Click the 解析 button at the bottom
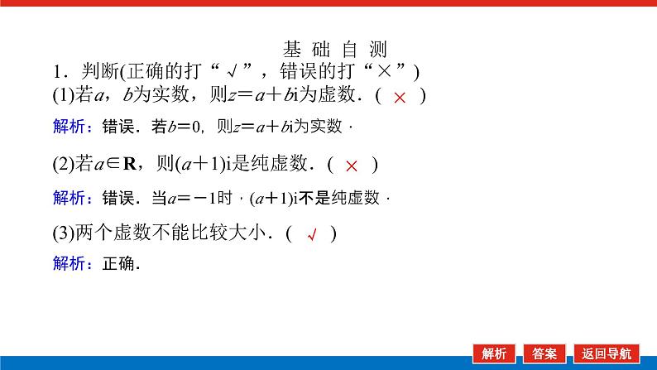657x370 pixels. tap(495, 353)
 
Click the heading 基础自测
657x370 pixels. tap(334, 50)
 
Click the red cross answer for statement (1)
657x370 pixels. tap(400, 97)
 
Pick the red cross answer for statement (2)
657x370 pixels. tap(352, 166)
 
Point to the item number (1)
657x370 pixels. tap(63, 96)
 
